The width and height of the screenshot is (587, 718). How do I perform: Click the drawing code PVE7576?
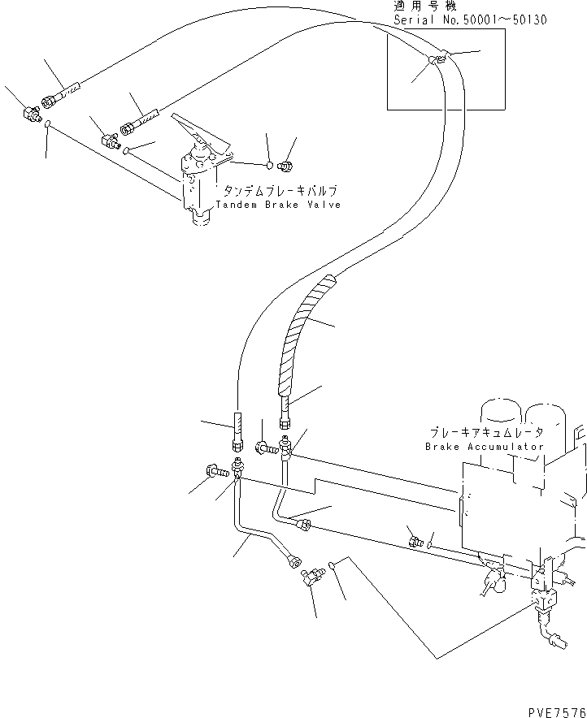coord(557,712)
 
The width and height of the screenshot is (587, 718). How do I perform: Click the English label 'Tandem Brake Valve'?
coord(278,205)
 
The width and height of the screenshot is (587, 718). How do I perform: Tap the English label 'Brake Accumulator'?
coord(485,447)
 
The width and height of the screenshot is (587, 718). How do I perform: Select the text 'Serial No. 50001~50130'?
coord(470,19)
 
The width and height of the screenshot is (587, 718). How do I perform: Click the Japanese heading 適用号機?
coord(424,6)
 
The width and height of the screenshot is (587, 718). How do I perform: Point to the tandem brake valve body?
coord(198,188)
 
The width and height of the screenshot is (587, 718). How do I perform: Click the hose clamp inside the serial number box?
coord(437,58)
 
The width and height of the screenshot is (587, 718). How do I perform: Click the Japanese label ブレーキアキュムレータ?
coord(486,432)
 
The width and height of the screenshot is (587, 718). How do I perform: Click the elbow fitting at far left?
coord(30,113)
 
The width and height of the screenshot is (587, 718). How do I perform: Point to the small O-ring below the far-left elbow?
coord(48,123)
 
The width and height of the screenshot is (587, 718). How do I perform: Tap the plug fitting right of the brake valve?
coord(285,166)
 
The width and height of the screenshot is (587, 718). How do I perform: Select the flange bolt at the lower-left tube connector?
coord(216,471)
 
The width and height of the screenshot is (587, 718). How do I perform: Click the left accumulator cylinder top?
coord(501,411)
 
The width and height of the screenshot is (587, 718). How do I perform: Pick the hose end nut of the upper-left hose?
coord(48,102)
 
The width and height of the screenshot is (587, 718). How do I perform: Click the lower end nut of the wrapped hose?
coord(285,422)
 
